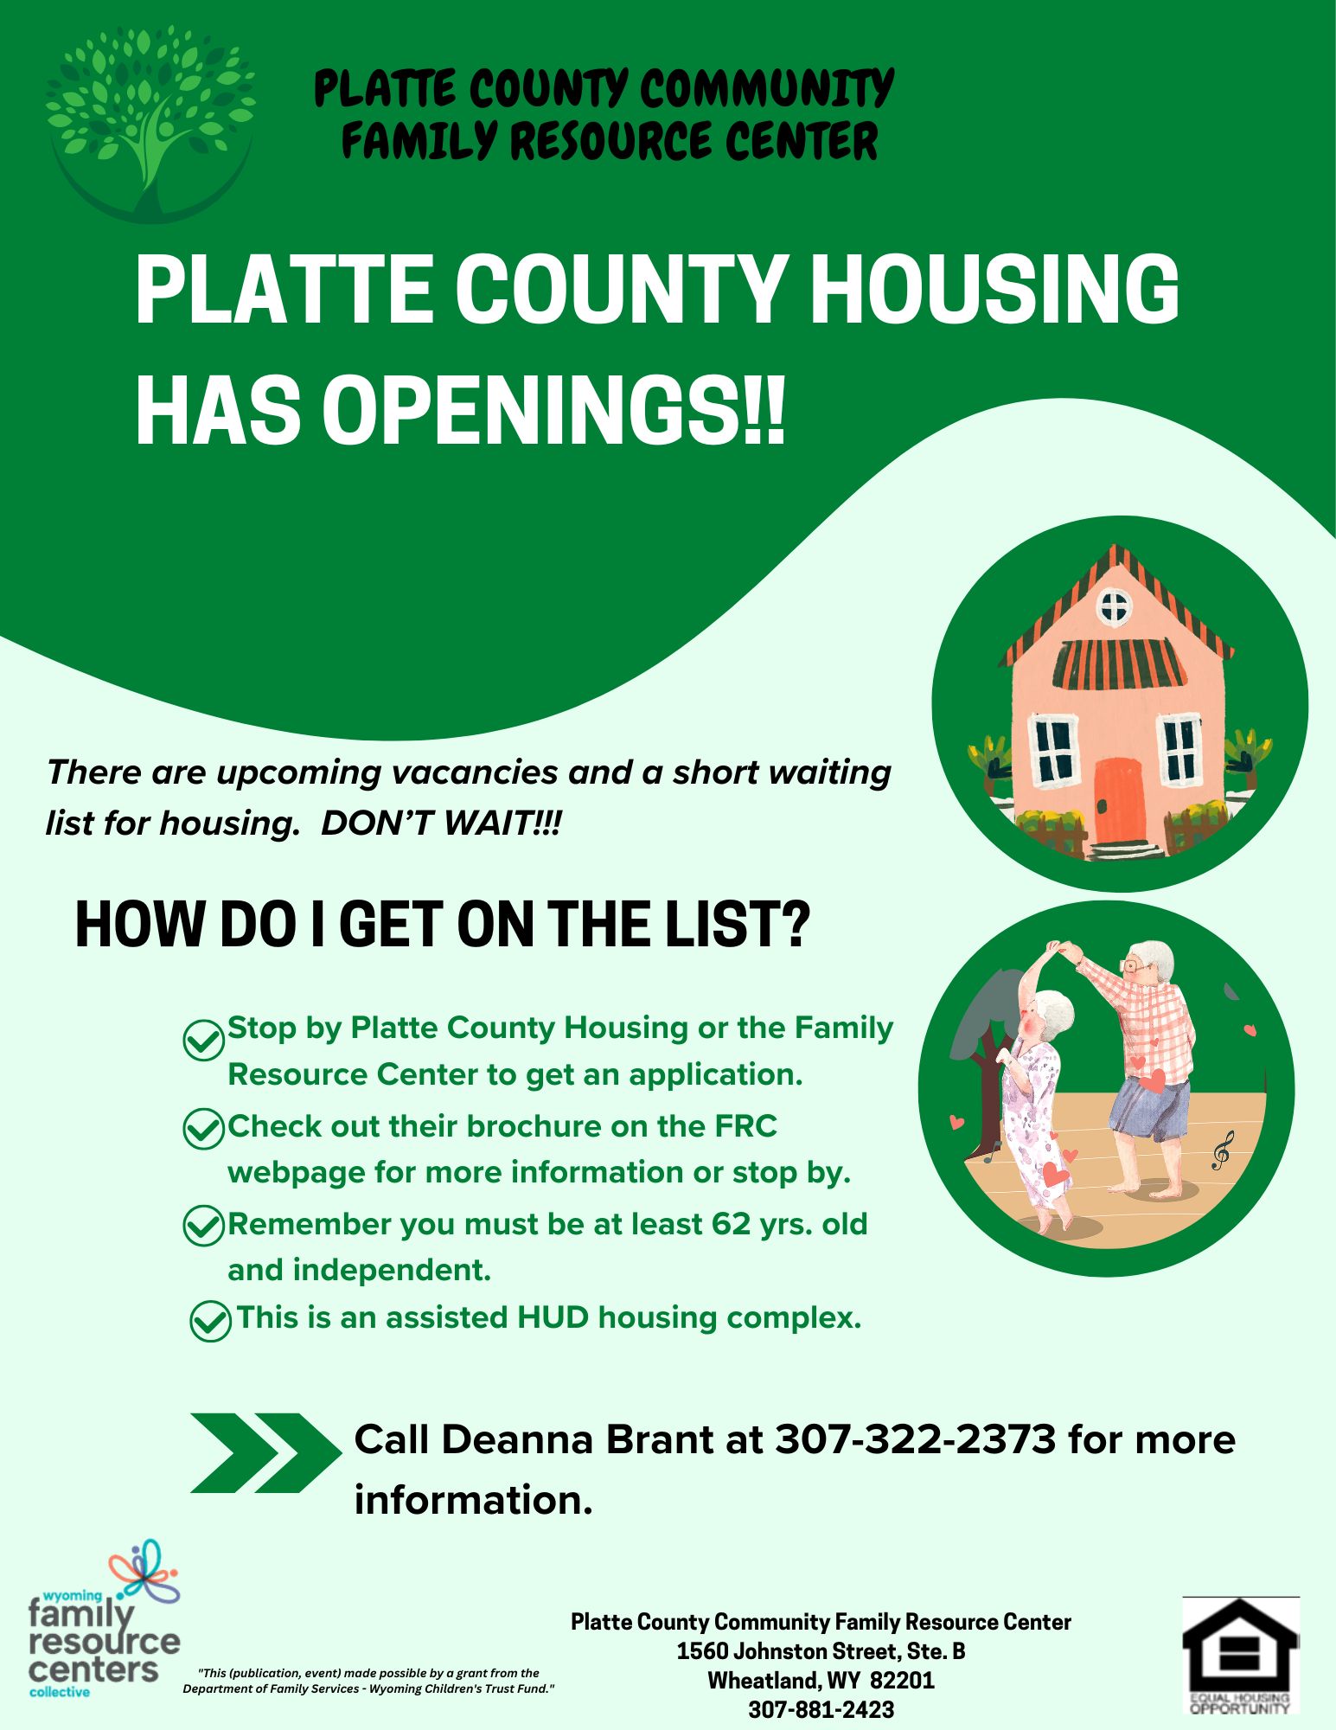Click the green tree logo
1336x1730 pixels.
click(x=151, y=121)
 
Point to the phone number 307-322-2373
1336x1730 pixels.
click(x=915, y=1439)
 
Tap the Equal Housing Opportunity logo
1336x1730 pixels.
click(x=1241, y=1655)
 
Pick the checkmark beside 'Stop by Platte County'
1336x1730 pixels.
click(x=205, y=1040)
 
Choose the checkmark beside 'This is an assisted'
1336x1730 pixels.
click(x=211, y=1321)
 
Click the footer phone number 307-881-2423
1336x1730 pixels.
click(x=821, y=1709)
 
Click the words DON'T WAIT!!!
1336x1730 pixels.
click(x=441, y=823)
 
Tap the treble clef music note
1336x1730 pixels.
click(x=1221, y=1151)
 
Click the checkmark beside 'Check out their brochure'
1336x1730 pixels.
click(x=205, y=1129)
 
